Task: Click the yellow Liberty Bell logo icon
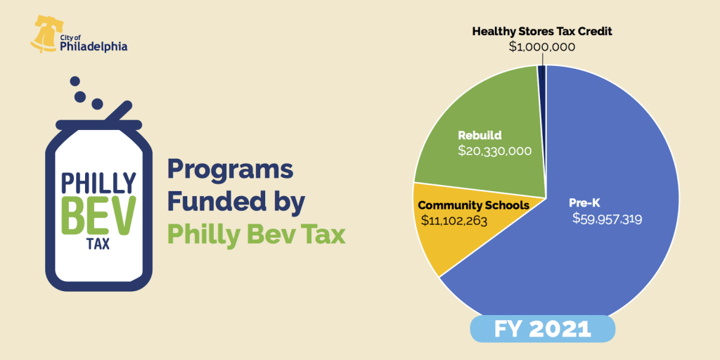(x=44, y=34)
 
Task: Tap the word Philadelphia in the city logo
(x=94, y=47)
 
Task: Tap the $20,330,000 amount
(x=494, y=150)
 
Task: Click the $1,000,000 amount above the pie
(x=542, y=47)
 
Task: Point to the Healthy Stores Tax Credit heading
(x=542, y=32)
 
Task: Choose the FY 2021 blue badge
(x=542, y=330)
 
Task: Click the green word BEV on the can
(x=98, y=215)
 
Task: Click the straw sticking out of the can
(x=118, y=112)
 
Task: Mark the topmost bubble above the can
(x=75, y=82)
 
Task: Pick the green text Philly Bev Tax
(x=256, y=235)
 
